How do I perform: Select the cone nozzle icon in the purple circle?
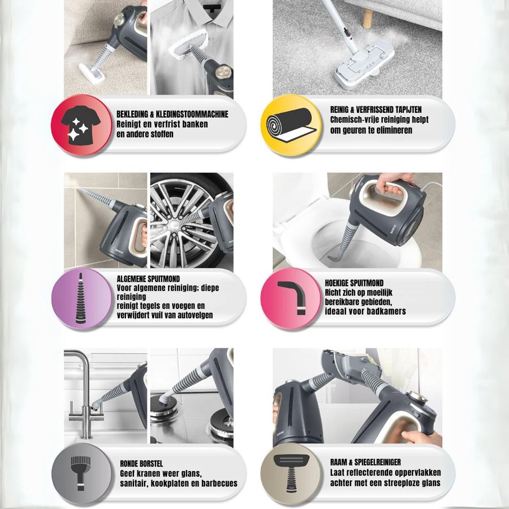click(79, 299)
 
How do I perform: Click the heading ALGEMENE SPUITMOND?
click(148, 279)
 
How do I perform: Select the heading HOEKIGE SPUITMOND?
click(354, 283)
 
